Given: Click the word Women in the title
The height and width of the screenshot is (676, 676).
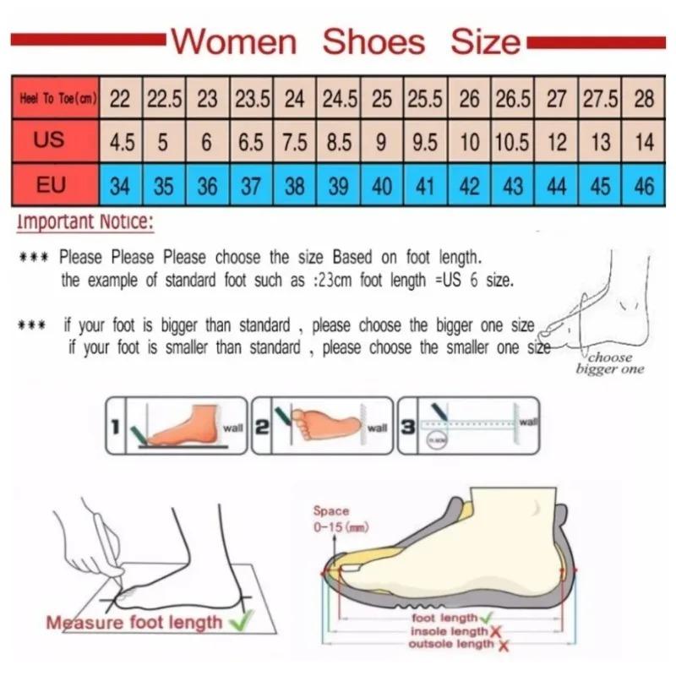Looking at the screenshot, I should (x=235, y=41).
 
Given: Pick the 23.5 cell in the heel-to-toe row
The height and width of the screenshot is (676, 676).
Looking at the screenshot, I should (x=252, y=99).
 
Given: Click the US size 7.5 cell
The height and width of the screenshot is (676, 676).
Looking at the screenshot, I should (x=295, y=142).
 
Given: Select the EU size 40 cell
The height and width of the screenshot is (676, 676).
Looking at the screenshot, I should (x=382, y=185).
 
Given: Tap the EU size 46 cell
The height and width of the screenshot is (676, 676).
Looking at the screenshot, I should (x=644, y=185).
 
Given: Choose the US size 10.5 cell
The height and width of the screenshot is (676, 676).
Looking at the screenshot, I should (x=513, y=142).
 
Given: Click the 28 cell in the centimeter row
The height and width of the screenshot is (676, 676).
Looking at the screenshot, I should (x=644, y=99).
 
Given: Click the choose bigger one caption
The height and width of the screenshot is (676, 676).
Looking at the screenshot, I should (x=609, y=363).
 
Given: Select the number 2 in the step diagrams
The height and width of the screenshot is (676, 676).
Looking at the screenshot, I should (x=262, y=428).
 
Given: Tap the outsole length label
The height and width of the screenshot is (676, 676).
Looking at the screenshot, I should (x=451, y=644).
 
